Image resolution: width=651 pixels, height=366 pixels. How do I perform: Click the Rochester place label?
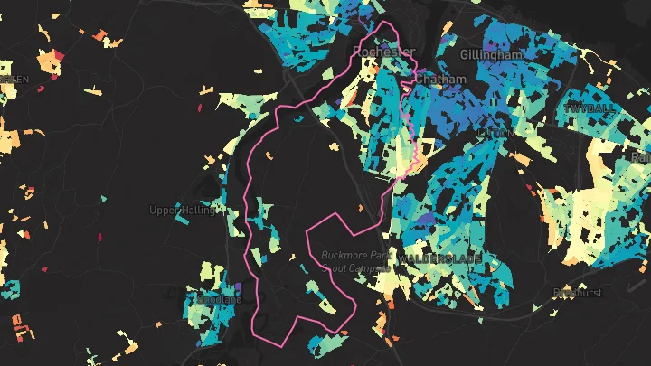[x=383, y=52]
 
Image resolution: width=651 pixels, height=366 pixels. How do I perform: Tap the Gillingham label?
[x=491, y=55]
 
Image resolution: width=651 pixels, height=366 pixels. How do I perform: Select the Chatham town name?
[x=440, y=80]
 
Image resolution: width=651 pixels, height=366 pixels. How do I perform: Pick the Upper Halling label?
[x=182, y=211]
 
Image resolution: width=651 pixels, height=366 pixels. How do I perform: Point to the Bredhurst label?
[x=575, y=293]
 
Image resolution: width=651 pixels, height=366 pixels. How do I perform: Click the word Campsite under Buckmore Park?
[x=370, y=268]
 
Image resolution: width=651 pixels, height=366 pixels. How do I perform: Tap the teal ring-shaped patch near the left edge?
[x=12, y=289]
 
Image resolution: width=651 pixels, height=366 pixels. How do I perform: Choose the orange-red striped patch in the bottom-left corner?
[x=16, y=324]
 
